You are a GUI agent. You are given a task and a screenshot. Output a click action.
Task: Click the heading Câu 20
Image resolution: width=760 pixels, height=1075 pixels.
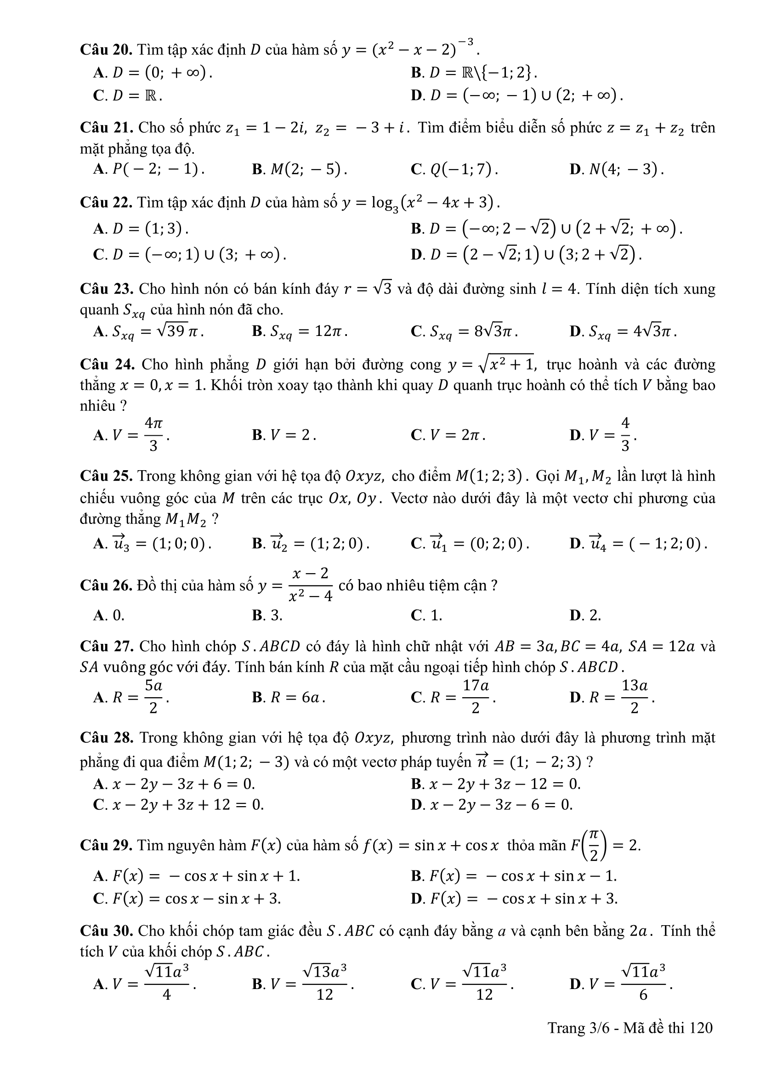click(x=107, y=50)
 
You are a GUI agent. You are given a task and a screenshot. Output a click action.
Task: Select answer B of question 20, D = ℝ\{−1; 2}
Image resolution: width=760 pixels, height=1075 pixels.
click(x=474, y=73)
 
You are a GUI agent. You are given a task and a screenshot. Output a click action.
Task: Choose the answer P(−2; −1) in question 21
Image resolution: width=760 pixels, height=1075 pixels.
click(x=149, y=169)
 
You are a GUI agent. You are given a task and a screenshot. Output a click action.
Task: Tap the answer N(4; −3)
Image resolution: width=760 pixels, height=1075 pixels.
click(x=617, y=169)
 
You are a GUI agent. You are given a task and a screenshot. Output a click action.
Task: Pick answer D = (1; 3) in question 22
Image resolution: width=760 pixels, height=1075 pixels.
click(x=142, y=228)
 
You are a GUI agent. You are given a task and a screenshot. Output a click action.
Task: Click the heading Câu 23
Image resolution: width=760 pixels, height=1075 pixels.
click(x=107, y=289)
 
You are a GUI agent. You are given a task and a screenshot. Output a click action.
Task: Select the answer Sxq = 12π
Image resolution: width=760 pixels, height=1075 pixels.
click(x=300, y=331)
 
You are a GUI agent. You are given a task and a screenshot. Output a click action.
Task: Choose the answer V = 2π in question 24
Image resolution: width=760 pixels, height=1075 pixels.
click(x=448, y=435)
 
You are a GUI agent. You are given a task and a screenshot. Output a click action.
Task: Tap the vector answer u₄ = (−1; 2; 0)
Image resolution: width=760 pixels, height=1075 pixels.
click(x=638, y=544)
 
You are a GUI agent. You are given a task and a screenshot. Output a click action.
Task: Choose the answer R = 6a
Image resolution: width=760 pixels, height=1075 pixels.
click(x=288, y=698)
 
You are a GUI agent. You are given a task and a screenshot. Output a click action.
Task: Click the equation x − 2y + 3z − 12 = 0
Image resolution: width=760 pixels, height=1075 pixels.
click(x=496, y=784)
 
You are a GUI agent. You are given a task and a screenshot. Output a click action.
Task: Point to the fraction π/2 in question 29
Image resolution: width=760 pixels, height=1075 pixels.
click(x=594, y=845)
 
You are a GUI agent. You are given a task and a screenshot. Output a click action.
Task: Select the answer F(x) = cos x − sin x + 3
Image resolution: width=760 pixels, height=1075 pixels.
click(x=187, y=899)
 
